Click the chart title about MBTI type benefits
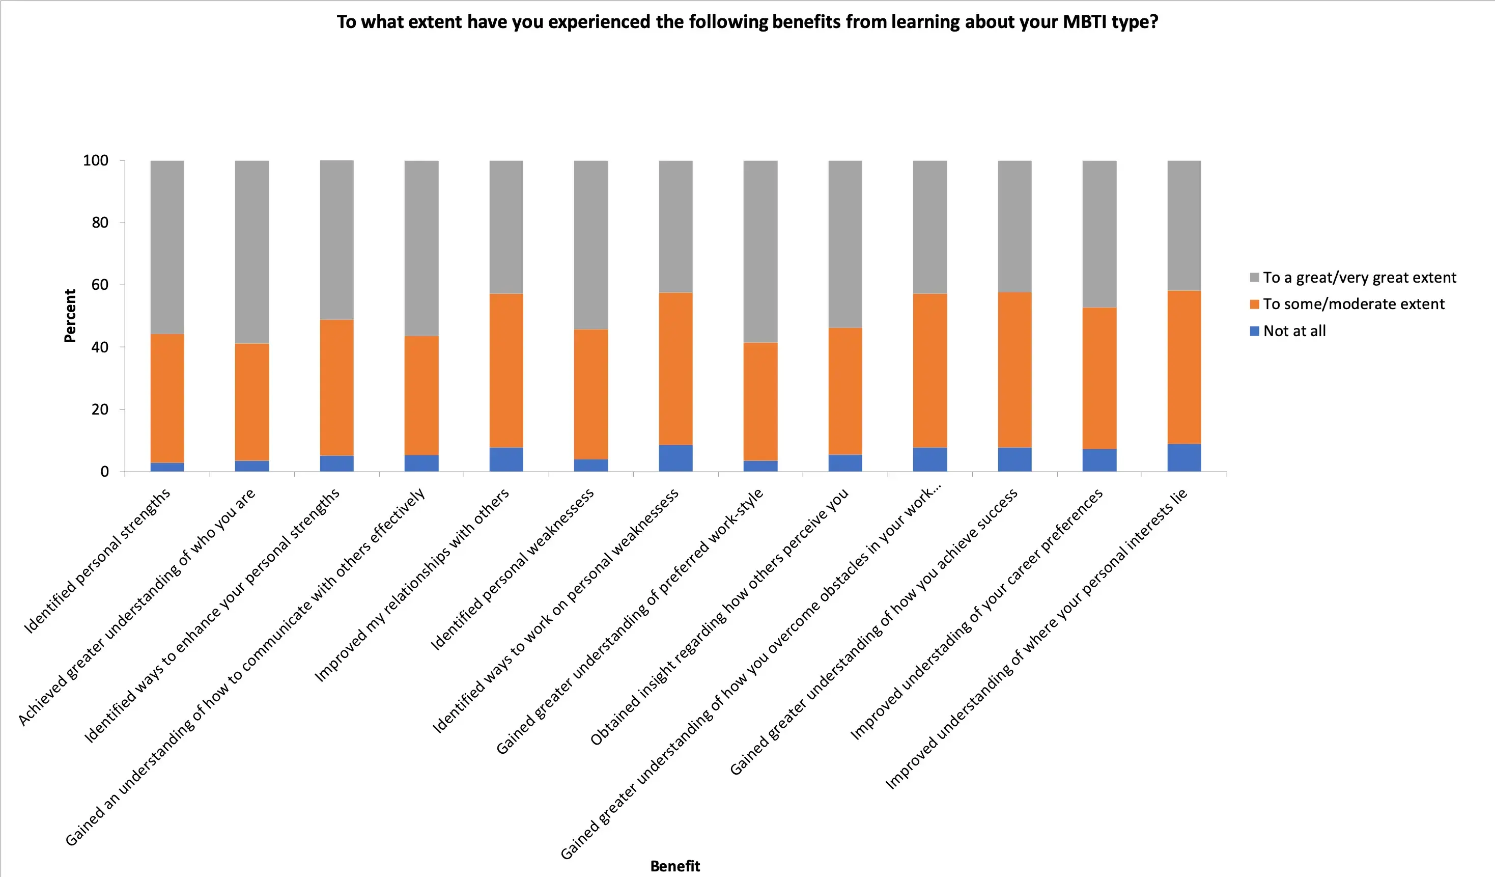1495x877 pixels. (x=747, y=22)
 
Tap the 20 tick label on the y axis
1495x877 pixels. (x=100, y=409)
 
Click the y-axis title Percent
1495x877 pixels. (x=70, y=316)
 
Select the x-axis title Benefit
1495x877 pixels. (x=675, y=866)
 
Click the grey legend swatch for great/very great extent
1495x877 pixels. (x=1254, y=278)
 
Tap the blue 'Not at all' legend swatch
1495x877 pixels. (x=1254, y=331)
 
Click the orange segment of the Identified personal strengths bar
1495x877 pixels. (x=167, y=398)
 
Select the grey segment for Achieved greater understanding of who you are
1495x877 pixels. (x=252, y=252)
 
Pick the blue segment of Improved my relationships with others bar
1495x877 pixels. (x=506, y=459)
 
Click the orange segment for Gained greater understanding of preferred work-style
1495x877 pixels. (x=760, y=401)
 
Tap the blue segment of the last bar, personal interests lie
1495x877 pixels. (x=1184, y=457)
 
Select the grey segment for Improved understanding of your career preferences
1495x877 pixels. (x=1099, y=234)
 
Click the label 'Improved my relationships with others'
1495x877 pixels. (x=412, y=585)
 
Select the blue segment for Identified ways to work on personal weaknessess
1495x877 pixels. (x=675, y=458)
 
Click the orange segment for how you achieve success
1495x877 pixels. (x=1014, y=369)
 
